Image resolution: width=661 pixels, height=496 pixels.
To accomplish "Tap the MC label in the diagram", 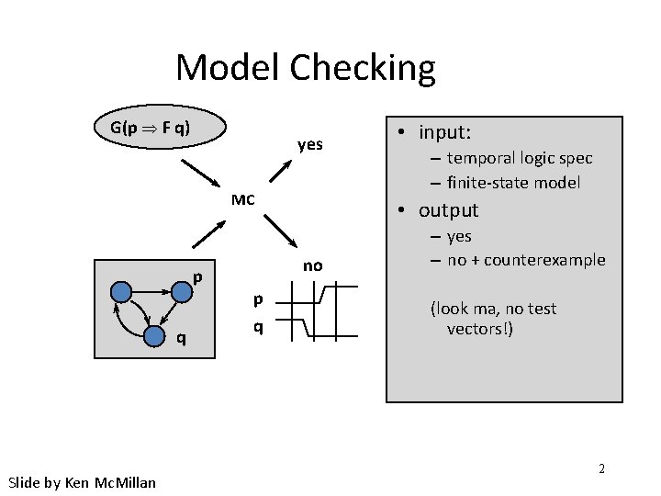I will click(x=243, y=199).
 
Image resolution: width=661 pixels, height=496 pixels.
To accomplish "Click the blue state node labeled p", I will click(x=181, y=291).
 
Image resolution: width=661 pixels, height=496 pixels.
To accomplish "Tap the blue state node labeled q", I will click(x=155, y=337).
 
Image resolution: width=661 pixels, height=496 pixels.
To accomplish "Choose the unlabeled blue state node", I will click(x=121, y=292).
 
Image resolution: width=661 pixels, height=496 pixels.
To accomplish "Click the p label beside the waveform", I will click(x=258, y=298).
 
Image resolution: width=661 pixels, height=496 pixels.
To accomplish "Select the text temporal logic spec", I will click(x=520, y=159).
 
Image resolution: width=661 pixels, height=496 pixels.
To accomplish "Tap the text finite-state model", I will click(x=513, y=182).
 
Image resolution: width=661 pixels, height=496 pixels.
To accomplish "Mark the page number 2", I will click(x=601, y=468).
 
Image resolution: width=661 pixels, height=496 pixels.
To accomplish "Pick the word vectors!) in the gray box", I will click(x=480, y=329).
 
